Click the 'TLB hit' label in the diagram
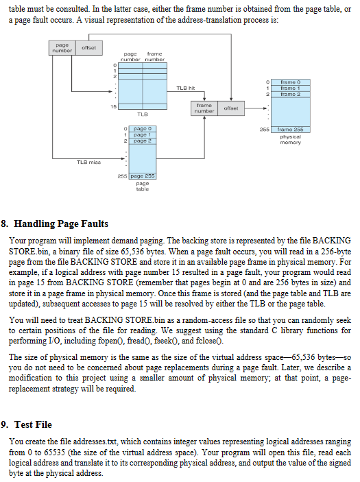pyautogui.click(x=187, y=88)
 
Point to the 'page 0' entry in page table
pyautogui.click(x=143, y=129)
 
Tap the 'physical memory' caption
pyautogui.click(x=290, y=139)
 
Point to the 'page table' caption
pyautogui.click(x=143, y=186)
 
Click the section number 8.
pyautogui.click(x=5, y=224)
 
